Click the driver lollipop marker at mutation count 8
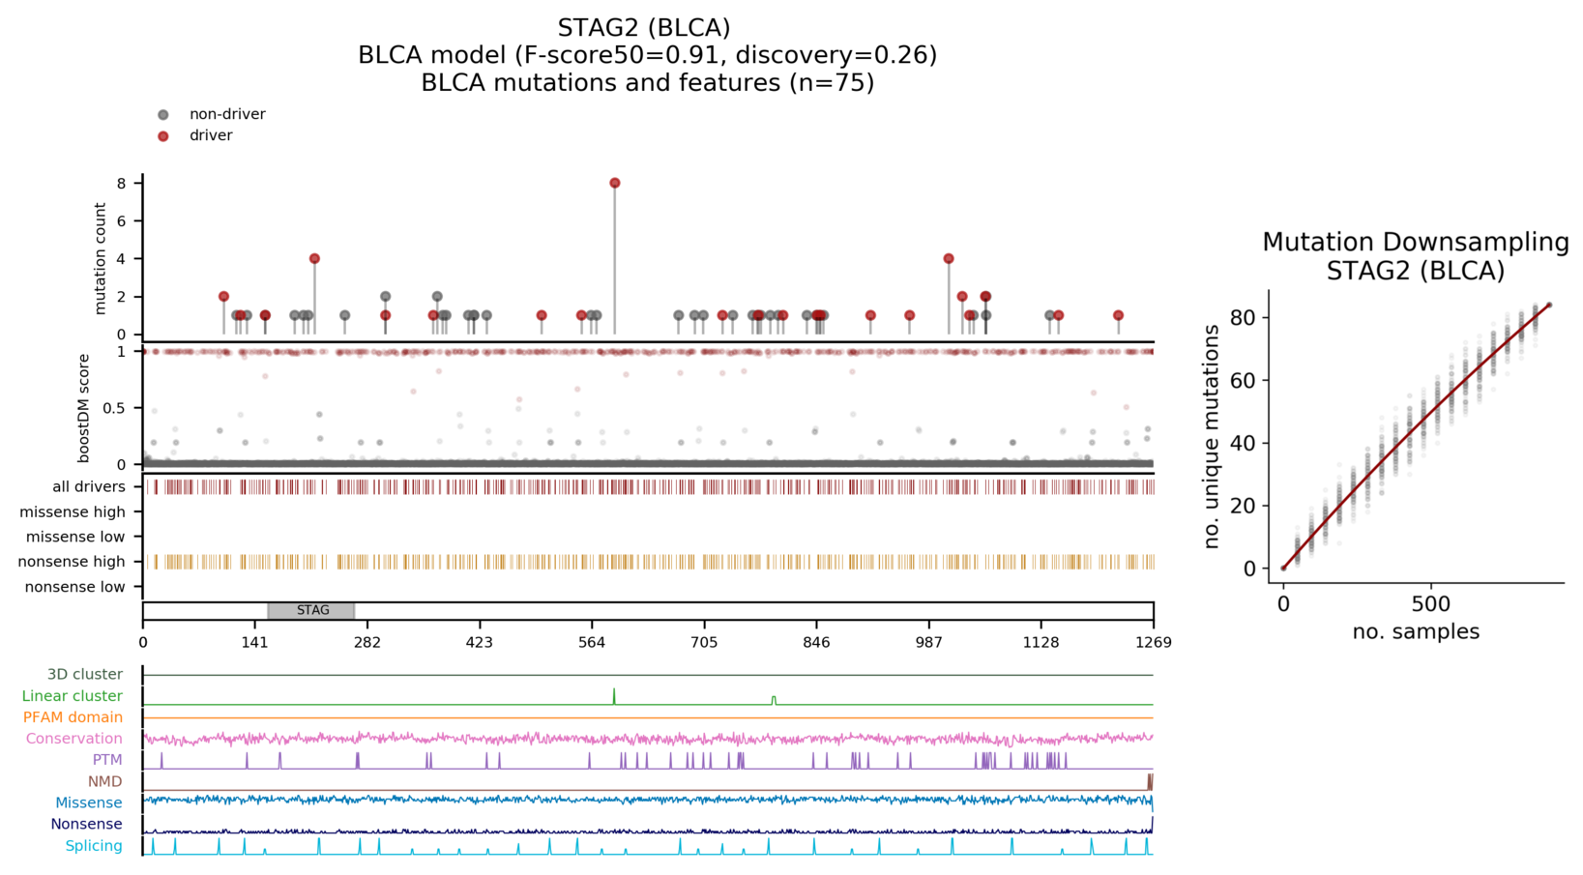click(615, 183)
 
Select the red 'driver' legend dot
click(163, 136)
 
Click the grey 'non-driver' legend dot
click(163, 114)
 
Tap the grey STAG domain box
click(311, 611)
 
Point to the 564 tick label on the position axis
click(592, 642)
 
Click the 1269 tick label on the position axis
click(1154, 642)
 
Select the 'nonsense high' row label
click(72, 562)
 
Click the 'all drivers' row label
click(88, 487)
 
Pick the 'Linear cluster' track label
click(73, 696)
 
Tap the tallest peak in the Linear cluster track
click(614, 689)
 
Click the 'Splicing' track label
click(94, 846)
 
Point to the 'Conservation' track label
click(74, 739)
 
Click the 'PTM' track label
click(107, 760)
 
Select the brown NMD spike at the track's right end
click(1150, 782)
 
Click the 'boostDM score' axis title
click(83, 409)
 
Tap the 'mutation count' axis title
click(100, 259)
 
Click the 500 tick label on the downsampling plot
click(1431, 604)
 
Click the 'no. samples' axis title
click(1416, 631)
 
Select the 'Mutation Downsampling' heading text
click(1416, 243)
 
